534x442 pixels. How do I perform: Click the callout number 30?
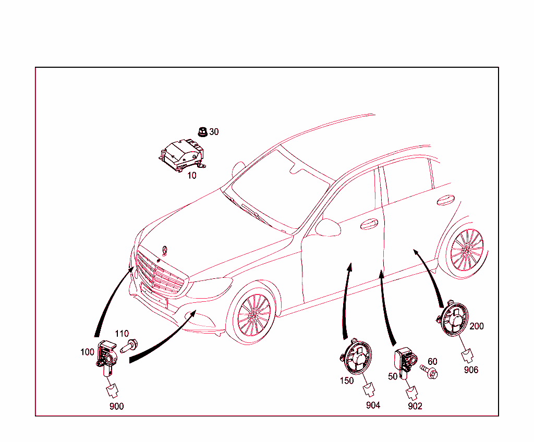pos(214,132)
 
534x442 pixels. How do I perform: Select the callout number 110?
pos(122,334)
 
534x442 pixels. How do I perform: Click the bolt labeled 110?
pos(129,345)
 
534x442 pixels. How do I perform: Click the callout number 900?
pos(116,406)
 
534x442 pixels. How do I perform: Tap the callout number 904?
pos(373,405)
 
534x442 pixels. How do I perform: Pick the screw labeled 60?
pos(431,373)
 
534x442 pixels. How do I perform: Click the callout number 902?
pos(415,406)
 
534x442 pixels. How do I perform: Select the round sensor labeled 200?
pos(453,321)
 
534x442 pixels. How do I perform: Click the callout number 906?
pos(470,370)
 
